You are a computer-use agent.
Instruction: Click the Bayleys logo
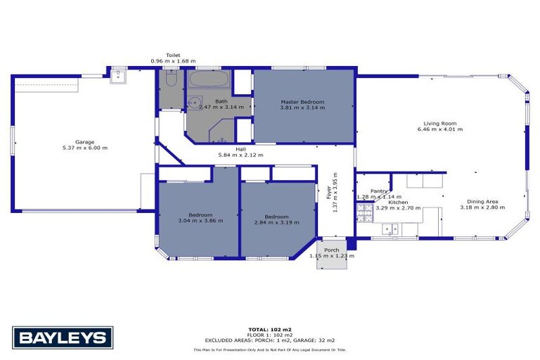[x=63, y=337]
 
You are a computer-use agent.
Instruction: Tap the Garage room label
[x=85, y=142]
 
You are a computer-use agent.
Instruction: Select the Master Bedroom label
[x=302, y=102]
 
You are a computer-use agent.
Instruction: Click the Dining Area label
[x=478, y=200]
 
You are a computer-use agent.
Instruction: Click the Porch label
[x=332, y=250]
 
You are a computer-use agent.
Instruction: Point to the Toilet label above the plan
[x=173, y=55]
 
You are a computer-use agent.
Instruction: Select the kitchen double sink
[x=390, y=229]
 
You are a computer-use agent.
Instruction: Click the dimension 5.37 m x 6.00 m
[x=85, y=148]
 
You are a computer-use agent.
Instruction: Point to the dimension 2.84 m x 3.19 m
[x=276, y=222]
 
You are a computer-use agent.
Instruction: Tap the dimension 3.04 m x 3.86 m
[x=200, y=221]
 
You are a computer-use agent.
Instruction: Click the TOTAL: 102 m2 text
[x=269, y=329]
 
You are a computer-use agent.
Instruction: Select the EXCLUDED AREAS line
[x=269, y=340]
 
